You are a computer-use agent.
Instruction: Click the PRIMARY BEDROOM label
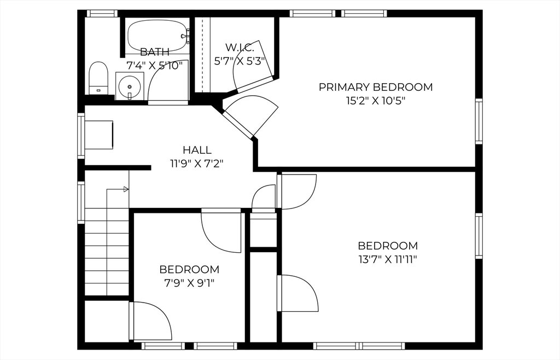click(x=375, y=87)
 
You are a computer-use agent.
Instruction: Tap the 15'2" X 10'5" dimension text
click(x=376, y=101)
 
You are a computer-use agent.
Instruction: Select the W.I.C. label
click(x=240, y=47)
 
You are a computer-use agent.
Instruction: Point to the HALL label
click(x=197, y=150)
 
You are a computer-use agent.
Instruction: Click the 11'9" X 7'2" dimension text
click(x=197, y=164)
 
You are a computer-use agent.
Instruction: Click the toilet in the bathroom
click(x=98, y=78)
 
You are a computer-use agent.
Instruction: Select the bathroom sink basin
click(x=130, y=86)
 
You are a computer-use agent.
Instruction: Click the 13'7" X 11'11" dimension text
click(x=388, y=259)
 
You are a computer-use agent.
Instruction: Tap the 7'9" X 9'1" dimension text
click(x=189, y=283)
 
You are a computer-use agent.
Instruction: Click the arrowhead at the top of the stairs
click(x=126, y=189)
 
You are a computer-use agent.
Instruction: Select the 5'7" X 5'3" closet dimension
click(x=240, y=61)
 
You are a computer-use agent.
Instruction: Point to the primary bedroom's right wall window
click(x=479, y=121)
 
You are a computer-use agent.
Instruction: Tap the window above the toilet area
click(x=102, y=14)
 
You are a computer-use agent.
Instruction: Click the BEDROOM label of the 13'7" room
click(x=388, y=246)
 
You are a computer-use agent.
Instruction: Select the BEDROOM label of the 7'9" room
click(x=189, y=269)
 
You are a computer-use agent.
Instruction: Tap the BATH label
click(x=155, y=52)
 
